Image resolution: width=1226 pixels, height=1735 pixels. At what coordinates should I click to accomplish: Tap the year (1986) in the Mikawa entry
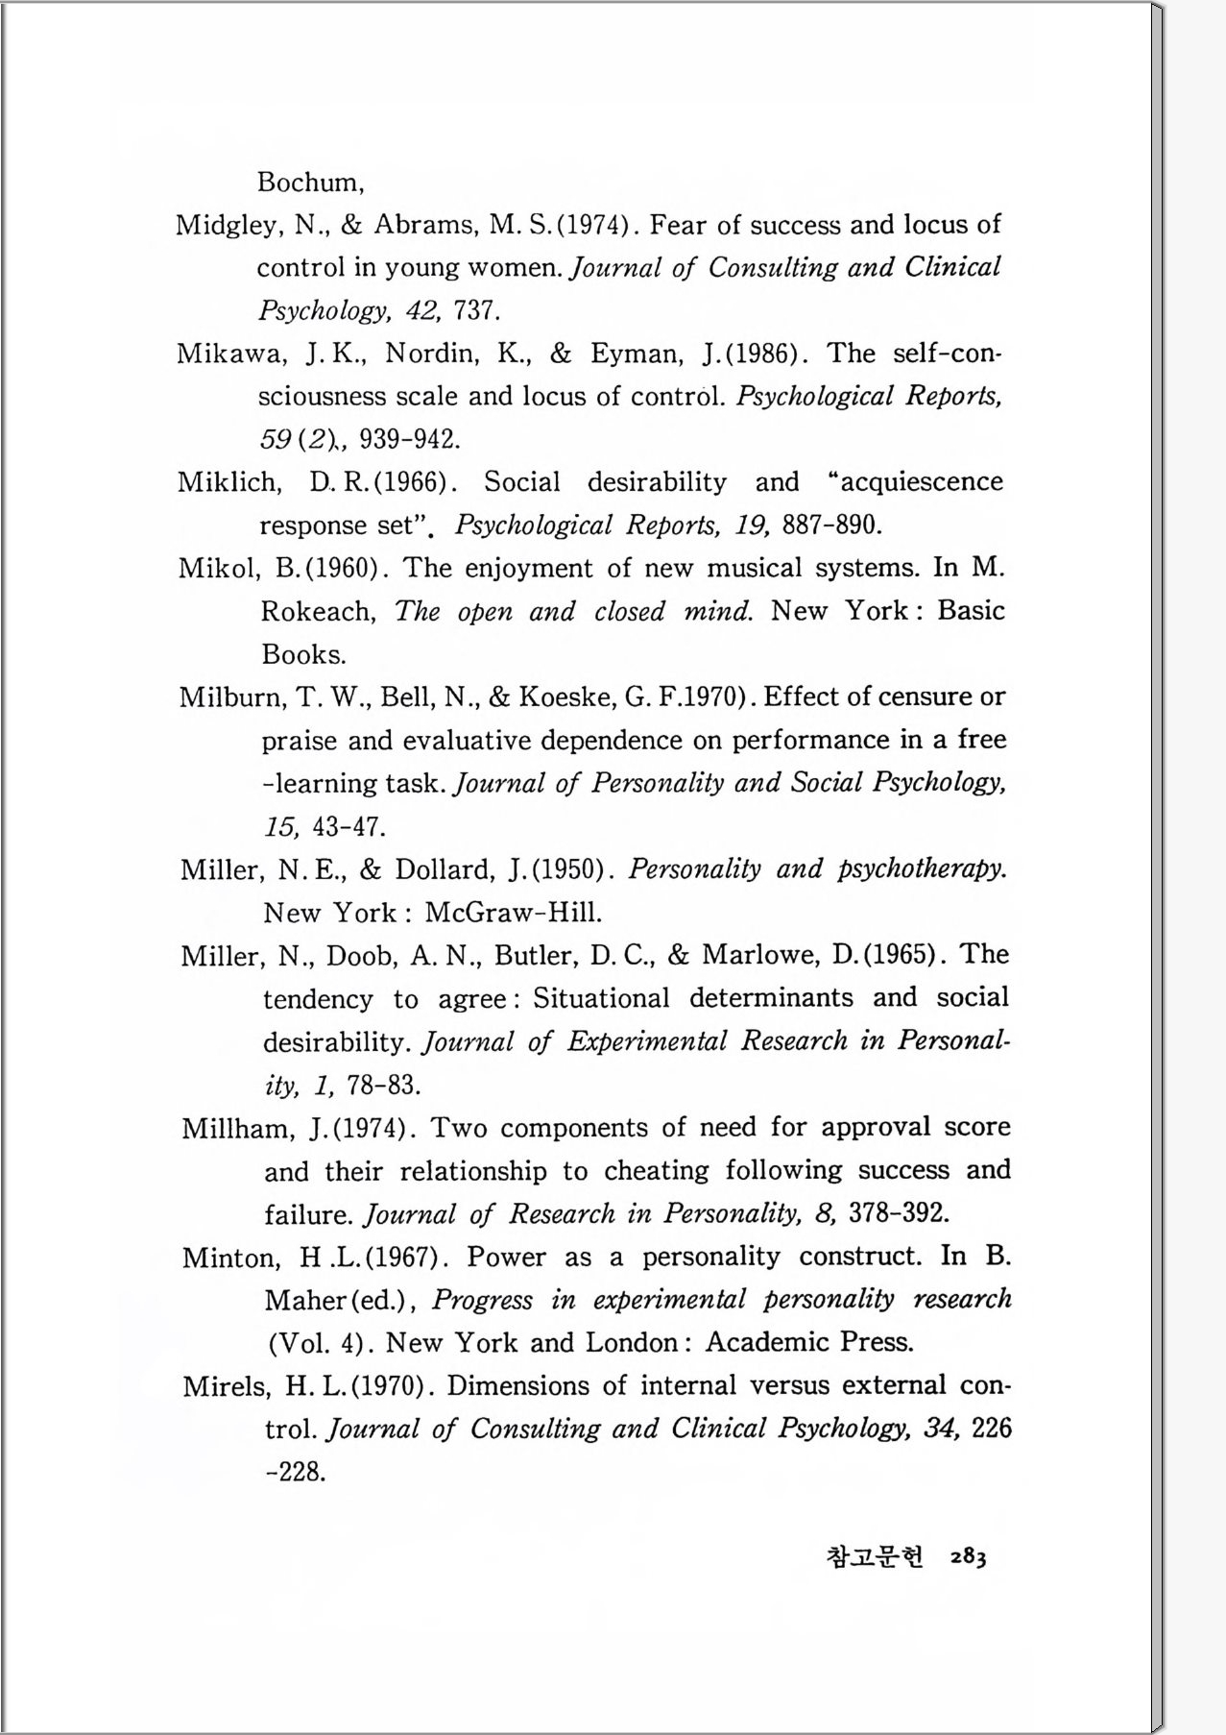pyautogui.click(x=763, y=354)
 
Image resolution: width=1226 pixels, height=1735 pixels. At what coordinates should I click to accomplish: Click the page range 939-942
pyautogui.click(x=409, y=440)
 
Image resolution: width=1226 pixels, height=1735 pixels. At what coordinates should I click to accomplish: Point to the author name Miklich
pyautogui.click(x=228, y=482)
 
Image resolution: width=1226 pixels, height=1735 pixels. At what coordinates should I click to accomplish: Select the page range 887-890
pyautogui.click(x=831, y=525)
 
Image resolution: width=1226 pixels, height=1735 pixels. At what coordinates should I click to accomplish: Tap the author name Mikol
pyautogui.click(x=218, y=569)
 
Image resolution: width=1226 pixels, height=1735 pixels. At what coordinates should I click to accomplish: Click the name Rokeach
pyautogui.click(x=318, y=612)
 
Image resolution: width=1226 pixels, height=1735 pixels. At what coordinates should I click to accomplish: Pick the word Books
pyautogui.click(x=303, y=655)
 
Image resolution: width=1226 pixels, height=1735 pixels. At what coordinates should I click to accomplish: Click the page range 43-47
pyautogui.click(x=349, y=827)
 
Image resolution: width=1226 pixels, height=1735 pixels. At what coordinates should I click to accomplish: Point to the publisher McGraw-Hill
pyautogui.click(x=514, y=913)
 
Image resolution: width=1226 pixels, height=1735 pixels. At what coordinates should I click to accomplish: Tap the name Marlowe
pyautogui.click(x=764, y=956)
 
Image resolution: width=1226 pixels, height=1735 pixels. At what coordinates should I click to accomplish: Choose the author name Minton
pyautogui.click(x=230, y=1258)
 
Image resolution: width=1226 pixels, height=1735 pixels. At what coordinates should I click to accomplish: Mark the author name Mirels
pyautogui.click(x=228, y=1387)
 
